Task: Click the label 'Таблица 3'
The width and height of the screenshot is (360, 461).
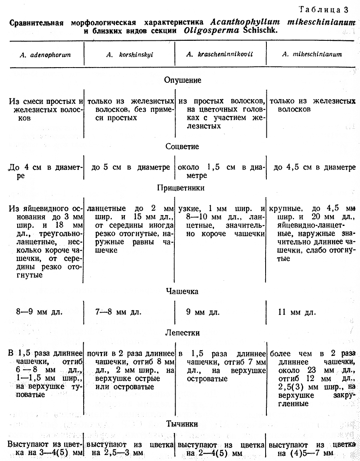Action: tap(334, 10)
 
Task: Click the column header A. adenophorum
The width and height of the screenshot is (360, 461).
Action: tap(45, 55)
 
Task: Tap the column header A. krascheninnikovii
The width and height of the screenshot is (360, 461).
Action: tap(220, 55)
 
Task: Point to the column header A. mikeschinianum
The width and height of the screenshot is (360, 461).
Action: tap(313, 55)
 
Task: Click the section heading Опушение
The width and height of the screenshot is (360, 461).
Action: tap(183, 80)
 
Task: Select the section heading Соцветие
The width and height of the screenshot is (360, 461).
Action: tap(182, 147)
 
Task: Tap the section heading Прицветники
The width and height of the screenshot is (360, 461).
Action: tap(182, 188)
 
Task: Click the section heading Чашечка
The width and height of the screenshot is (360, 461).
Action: tap(182, 292)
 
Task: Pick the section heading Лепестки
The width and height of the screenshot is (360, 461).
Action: tap(182, 333)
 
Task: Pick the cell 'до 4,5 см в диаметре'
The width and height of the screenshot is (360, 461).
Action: tap(314, 167)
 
